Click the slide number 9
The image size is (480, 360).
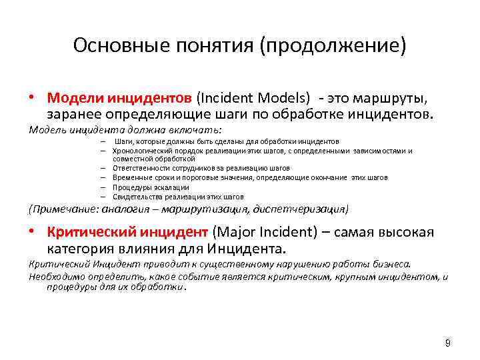coord(447,343)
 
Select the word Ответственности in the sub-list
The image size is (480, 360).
coord(138,169)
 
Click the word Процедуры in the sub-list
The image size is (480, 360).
coord(130,187)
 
